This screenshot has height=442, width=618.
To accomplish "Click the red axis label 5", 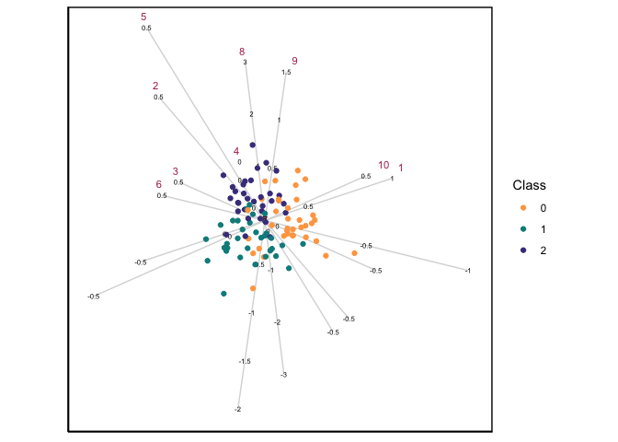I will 143,17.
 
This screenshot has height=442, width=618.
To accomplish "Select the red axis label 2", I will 155,87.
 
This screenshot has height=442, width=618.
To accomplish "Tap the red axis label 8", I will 242,52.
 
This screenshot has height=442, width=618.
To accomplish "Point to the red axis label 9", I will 294,61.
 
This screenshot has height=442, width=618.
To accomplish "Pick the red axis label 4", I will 236,151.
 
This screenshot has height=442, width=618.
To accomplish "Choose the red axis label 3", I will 176,171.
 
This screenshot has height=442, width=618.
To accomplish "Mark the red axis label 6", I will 159,184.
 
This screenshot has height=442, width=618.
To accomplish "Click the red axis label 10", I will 383,166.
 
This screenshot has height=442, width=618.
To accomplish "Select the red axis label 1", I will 401,168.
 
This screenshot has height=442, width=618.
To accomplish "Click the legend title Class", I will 530,185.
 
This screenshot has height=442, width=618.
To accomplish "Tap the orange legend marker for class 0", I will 523,208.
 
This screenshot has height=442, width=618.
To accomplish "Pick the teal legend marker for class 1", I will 523,229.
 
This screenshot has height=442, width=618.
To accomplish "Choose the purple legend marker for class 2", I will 523,250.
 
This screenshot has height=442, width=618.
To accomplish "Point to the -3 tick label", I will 284,375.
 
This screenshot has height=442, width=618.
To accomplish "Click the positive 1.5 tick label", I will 286,73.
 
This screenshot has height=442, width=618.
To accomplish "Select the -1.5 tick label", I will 245,362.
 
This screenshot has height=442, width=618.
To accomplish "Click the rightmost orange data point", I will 354,252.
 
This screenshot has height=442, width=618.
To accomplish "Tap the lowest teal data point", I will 223,294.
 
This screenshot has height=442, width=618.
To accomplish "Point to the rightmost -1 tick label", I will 468,271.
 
